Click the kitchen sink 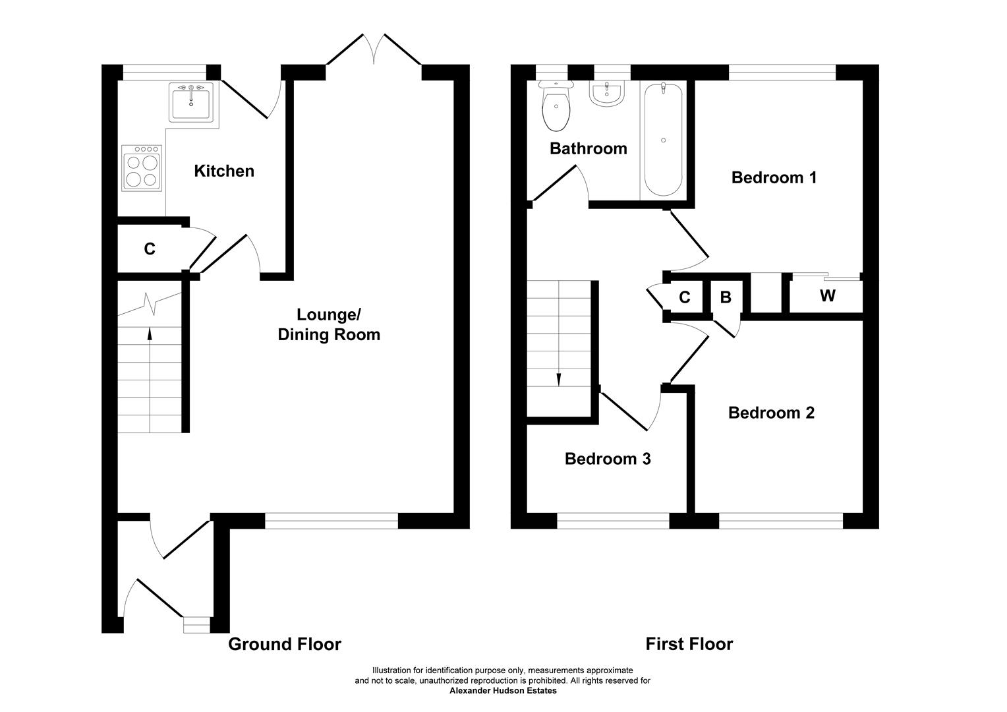coord(191,103)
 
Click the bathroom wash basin coord(607,94)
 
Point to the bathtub coord(662,140)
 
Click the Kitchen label coord(224,171)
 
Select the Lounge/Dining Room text coord(329,324)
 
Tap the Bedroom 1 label coord(774,177)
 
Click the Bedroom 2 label coord(771,413)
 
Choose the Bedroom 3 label coord(608,459)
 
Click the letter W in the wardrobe coord(827,296)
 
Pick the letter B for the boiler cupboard coord(726,297)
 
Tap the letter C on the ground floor coord(150,249)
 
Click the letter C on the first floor coord(684,297)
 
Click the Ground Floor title coord(285,644)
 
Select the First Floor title coord(689,644)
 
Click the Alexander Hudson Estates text coord(503,691)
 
